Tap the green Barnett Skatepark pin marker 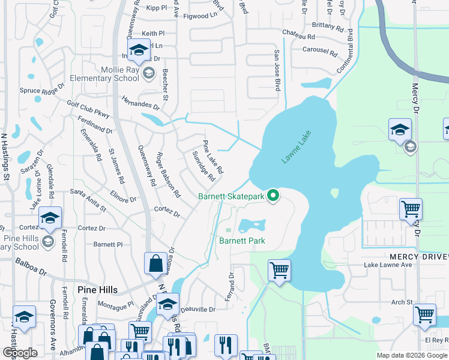pos(273,196)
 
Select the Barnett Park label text pos(242,241)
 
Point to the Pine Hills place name pos(98,289)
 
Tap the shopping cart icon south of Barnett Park pos(279,271)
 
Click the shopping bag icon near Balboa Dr pos(155,263)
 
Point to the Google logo pos(19,353)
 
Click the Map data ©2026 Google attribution pos(412,355)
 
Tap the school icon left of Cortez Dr pos(50,220)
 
